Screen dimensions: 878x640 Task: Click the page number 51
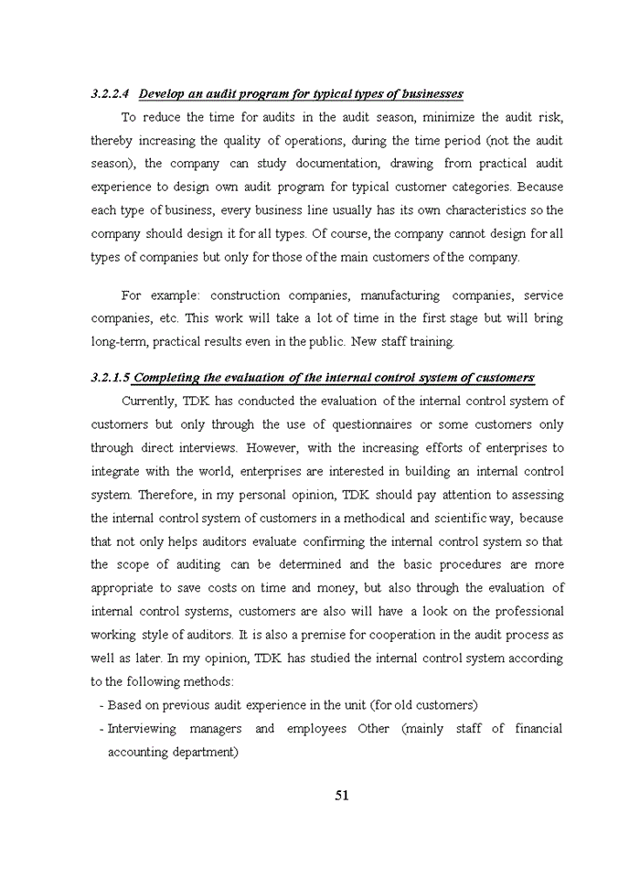(342, 796)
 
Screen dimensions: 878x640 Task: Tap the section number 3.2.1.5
(111, 378)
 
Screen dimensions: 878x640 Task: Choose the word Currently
(149, 402)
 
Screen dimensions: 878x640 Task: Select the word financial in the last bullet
(539, 729)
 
